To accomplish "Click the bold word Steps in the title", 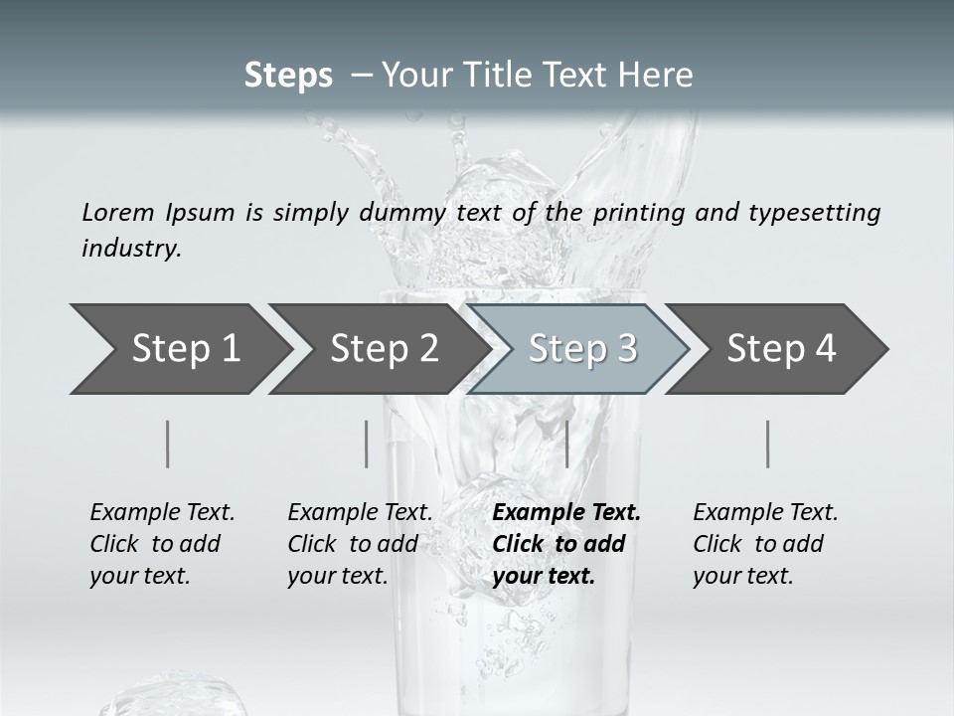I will tap(288, 76).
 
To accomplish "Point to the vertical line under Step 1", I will tap(168, 444).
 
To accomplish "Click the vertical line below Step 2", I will tap(367, 444).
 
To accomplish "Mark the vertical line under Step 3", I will tap(566, 444).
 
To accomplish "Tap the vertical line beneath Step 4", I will tap(768, 444).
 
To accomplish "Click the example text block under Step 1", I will tap(162, 544).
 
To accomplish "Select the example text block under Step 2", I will tap(360, 544).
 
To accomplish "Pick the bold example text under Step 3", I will tap(566, 544).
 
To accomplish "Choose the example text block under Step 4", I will tap(765, 544).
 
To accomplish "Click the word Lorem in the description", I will tap(118, 212).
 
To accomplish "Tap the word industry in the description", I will tap(130, 249).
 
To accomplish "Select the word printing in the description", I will tap(635, 213).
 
